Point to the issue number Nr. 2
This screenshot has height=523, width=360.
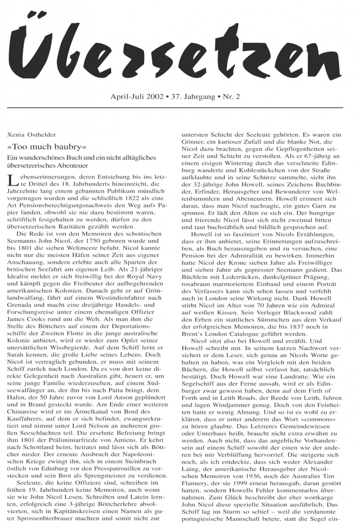231,97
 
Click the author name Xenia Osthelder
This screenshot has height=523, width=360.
32,135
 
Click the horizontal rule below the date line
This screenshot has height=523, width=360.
175,108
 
